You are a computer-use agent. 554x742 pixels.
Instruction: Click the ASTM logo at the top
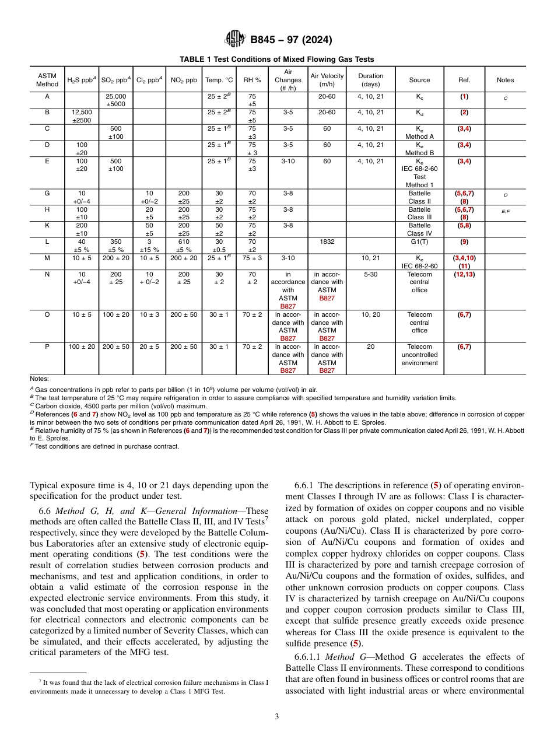(x=235, y=40)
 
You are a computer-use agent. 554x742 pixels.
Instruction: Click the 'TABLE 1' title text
(x=276, y=60)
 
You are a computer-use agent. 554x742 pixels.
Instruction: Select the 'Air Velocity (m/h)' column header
(x=327, y=80)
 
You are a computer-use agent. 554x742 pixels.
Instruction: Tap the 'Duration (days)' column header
(x=371, y=80)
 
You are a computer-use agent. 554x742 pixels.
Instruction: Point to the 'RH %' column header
(x=252, y=80)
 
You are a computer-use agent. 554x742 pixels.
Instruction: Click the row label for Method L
(x=47, y=241)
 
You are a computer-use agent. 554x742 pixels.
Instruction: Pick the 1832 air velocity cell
(x=327, y=241)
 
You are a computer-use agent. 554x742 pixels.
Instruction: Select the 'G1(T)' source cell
(x=419, y=241)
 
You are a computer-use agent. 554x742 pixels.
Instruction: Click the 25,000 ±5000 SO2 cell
(x=115, y=100)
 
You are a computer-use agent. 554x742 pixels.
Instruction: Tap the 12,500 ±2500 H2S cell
(x=82, y=116)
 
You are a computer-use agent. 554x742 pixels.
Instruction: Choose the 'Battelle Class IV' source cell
(x=419, y=229)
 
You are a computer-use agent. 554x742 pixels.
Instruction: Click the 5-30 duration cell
(x=371, y=274)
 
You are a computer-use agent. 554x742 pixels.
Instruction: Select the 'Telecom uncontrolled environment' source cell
(x=419, y=355)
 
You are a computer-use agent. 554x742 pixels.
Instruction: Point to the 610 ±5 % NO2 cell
(x=184, y=245)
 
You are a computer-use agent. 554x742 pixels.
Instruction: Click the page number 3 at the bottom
(x=277, y=717)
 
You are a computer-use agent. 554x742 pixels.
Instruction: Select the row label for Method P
(x=47, y=346)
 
